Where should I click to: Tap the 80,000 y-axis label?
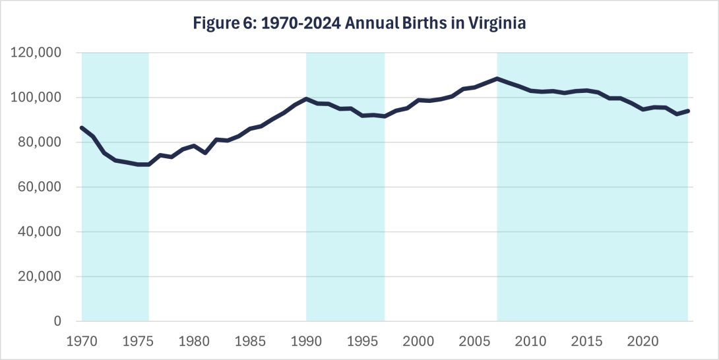(x=41, y=142)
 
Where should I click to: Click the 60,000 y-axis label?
(x=41, y=187)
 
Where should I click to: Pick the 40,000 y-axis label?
(x=41, y=232)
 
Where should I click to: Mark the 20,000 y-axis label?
(x=41, y=277)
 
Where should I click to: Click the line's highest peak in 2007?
(x=497, y=78)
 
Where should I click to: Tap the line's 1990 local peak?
(x=306, y=99)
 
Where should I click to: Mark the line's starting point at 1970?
(x=82, y=127)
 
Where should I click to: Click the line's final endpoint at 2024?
(x=688, y=111)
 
